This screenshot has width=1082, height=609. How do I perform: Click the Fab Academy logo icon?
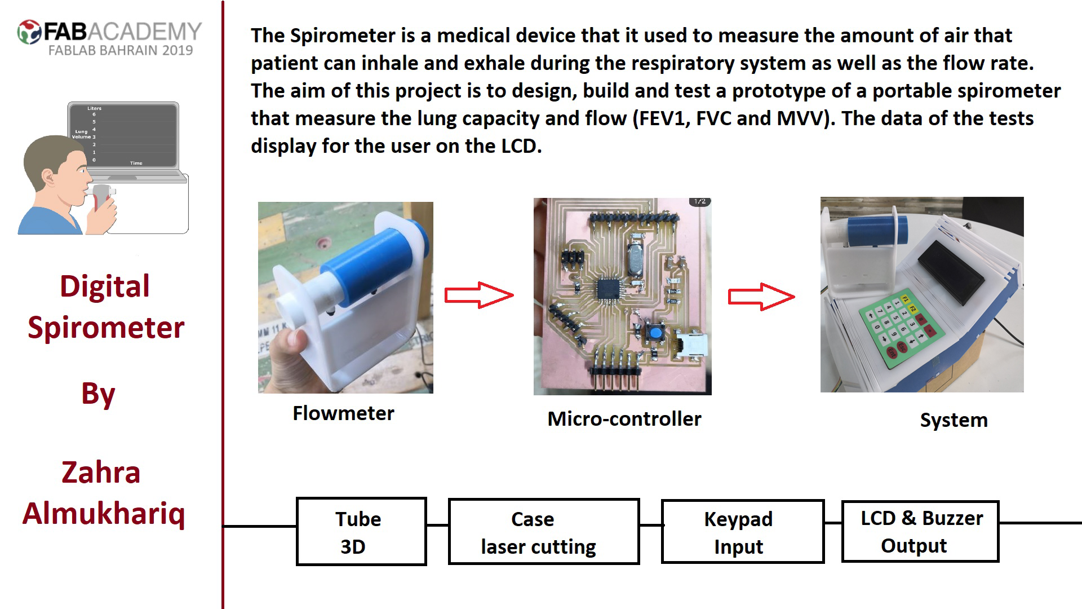29,32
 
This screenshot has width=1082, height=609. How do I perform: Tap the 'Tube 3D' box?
361,531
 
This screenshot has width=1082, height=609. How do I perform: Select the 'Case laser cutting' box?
544,532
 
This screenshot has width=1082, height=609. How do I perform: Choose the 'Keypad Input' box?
742,531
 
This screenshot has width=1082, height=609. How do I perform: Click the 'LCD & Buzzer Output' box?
920,531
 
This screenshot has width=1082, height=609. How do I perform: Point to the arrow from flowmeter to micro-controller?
479,295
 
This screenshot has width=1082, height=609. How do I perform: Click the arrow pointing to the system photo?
761,297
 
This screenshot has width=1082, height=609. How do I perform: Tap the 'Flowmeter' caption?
343,413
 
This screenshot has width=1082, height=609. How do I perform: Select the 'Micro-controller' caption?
624,419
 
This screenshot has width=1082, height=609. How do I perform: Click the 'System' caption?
954,420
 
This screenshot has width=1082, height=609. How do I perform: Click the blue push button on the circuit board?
655,333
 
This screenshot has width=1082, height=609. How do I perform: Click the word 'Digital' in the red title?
105,286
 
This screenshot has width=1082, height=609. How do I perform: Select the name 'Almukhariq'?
104,514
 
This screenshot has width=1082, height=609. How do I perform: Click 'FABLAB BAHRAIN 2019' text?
121,50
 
